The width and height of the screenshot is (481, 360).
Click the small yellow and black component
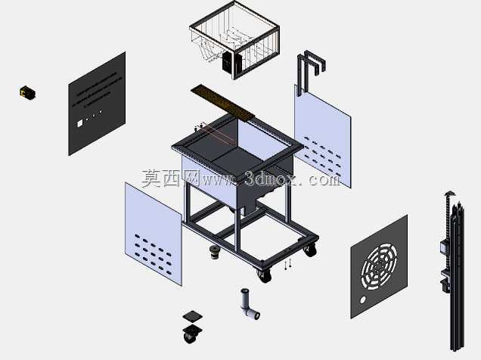coord(27,92)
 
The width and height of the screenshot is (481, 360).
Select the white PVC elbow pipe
coord(249,305)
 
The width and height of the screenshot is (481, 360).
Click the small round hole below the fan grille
coord(363,299)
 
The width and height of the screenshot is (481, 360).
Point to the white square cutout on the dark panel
coord(79,123)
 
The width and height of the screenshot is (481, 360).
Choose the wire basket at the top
coord(234,40)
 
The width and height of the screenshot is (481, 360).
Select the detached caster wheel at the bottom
coord(192,334)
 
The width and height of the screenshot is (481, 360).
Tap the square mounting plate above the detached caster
coord(193,316)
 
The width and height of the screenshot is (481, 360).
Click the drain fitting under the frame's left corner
coord(215,252)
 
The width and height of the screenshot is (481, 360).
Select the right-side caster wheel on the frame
coord(310,250)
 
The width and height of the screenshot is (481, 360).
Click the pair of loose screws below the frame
coord(287,264)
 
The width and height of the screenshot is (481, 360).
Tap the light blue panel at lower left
coord(154,234)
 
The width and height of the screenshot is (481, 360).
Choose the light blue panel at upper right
coord(322,136)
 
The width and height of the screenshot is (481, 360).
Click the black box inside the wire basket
coord(227,62)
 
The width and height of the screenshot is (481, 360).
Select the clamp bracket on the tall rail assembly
coord(445,279)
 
